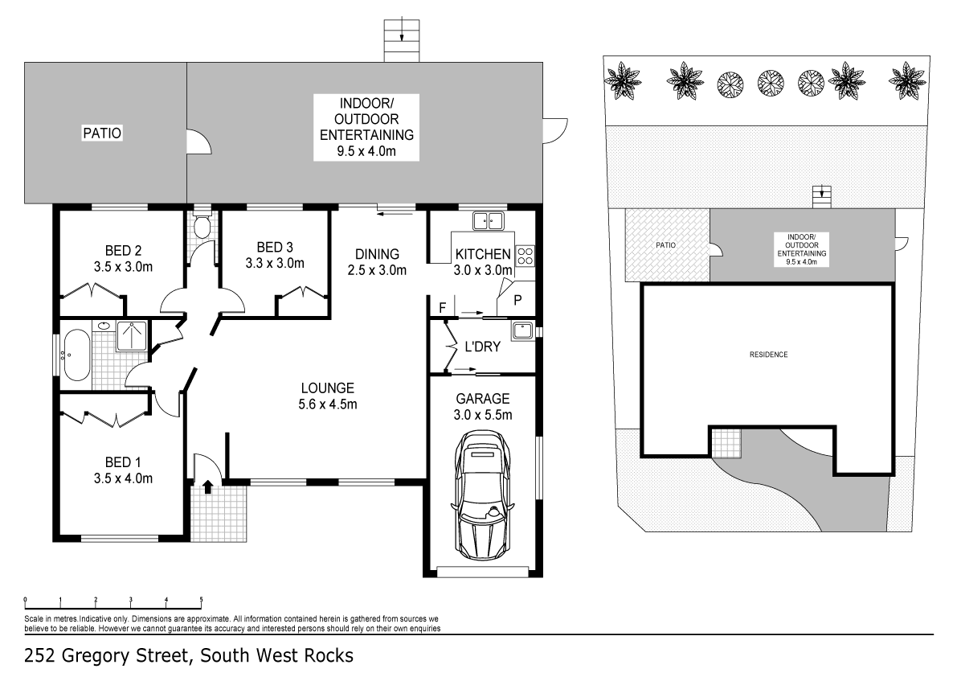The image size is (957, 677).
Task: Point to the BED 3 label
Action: coord(274,254)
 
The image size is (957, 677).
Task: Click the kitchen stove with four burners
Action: coord(525,256)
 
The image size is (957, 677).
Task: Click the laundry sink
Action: coord(522,329)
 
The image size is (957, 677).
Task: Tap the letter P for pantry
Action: coord(517,300)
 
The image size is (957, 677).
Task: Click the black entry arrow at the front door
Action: coord(207,486)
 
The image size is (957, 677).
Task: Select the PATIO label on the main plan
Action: coord(103,133)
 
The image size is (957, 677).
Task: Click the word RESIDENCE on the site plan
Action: coord(768,355)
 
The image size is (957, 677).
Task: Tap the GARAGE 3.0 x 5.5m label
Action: coord(483,407)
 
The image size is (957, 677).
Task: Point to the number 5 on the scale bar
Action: coord(201,600)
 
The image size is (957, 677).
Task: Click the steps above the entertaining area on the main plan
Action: coord(403,39)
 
